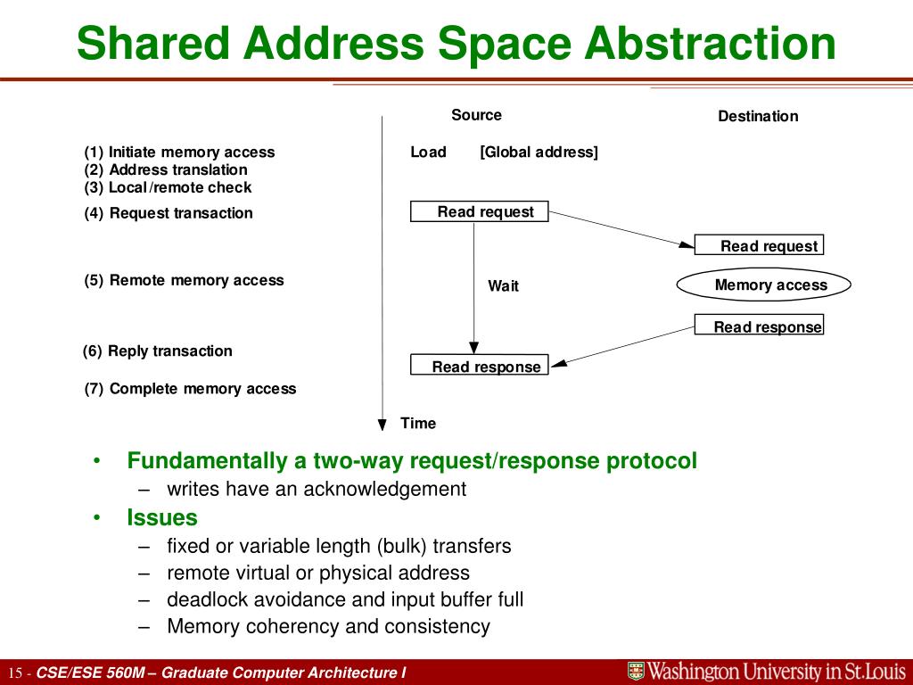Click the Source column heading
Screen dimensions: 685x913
click(x=476, y=115)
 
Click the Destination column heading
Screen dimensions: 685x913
click(x=758, y=116)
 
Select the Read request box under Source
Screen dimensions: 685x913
click(x=479, y=211)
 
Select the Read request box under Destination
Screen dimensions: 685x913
click(x=759, y=245)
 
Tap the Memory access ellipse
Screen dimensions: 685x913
click(x=764, y=285)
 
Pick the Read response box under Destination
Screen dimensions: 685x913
click(x=759, y=326)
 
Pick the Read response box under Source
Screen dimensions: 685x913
click(x=479, y=366)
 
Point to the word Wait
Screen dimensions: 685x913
click(x=503, y=286)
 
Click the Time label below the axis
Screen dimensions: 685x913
click(x=418, y=423)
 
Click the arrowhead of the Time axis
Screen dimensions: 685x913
click(x=382, y=425)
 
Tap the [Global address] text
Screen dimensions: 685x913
click(x=539, y=152)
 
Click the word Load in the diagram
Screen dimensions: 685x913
click(x=428, y=152)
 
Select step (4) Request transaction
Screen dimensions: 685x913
click(x=169, y=213)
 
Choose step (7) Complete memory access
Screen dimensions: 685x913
click(x=191, y=389)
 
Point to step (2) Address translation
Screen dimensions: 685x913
click(x=167, y=169)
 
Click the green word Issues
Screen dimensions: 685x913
click(x=162, y=517)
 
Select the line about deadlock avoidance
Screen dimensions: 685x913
click(x=345, y=599)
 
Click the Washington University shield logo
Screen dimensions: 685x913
click(x=636, y=672)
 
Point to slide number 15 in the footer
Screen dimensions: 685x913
click(x=14, y=673)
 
